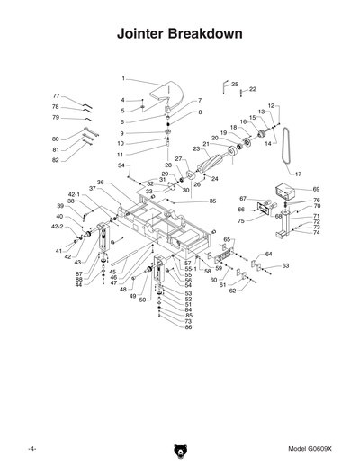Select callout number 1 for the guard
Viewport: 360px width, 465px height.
[123, 79]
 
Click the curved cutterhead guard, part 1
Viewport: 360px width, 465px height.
[163, 91]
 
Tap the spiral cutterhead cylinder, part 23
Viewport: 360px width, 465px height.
[217, 165]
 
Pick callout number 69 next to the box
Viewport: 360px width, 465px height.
[316, 189]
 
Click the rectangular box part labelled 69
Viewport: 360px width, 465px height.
[285, 192]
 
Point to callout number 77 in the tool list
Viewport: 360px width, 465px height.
[55, 96]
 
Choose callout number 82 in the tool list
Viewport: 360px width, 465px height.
[55, 160]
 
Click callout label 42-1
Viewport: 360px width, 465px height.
[74, 194]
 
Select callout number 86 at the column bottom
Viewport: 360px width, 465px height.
[189, 327]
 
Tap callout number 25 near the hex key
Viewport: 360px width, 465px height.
[235, 84]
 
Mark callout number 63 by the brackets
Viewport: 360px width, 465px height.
[285, 266]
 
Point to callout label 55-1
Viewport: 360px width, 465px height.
[191, 269]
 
